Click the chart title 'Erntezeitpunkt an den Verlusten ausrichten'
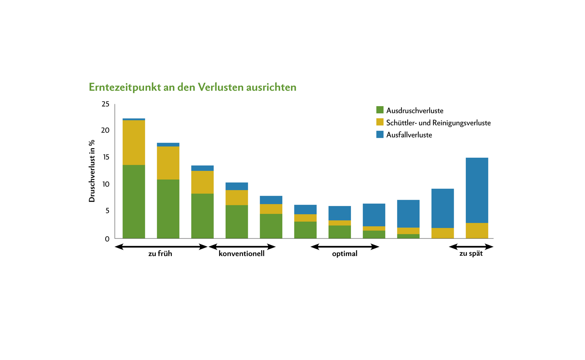pos(192,87)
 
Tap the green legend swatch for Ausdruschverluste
pos(380,110)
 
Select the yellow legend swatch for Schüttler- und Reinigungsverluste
pos(380,122)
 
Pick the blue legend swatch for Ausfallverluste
pos(380,134)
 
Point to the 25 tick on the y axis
pos(105,104)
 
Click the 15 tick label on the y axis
pos(105,157)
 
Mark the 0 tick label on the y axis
pos(107,239)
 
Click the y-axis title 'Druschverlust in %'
pos(92,171)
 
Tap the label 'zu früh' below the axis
pos(160,254)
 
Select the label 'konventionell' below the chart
pos(241,254)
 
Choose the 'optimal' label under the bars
pos(344,254)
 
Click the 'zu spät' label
pos(471,254)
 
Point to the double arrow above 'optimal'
pos(345,247)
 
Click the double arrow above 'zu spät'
pos(471,247)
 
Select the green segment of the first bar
pos(134,202)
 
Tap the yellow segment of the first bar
pos(134,143)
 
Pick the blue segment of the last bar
pos(477,190)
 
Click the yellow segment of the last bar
pos(477,231)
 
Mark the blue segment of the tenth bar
pos(442,209)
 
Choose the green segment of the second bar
pos(168,209)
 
